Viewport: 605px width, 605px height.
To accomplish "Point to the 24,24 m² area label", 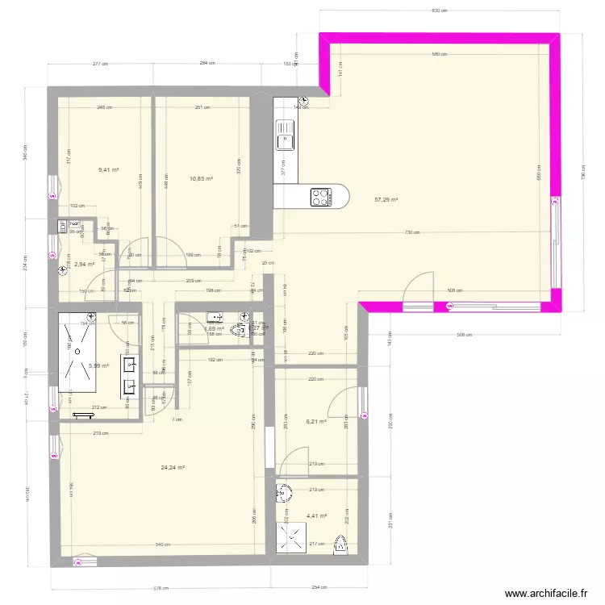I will click(x=173, y=468).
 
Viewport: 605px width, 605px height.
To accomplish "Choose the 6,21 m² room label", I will click(x=315, y=421).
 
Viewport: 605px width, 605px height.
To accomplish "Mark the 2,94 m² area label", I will click(x=86, y=264).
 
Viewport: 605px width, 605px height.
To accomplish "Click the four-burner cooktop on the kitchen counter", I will click(x=320, y=195).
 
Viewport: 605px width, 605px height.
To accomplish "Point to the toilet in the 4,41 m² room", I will click(x=342, y=546).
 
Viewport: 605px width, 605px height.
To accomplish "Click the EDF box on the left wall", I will click(x=62, y=227).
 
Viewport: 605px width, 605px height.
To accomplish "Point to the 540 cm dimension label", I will click(x=162, y=545).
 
